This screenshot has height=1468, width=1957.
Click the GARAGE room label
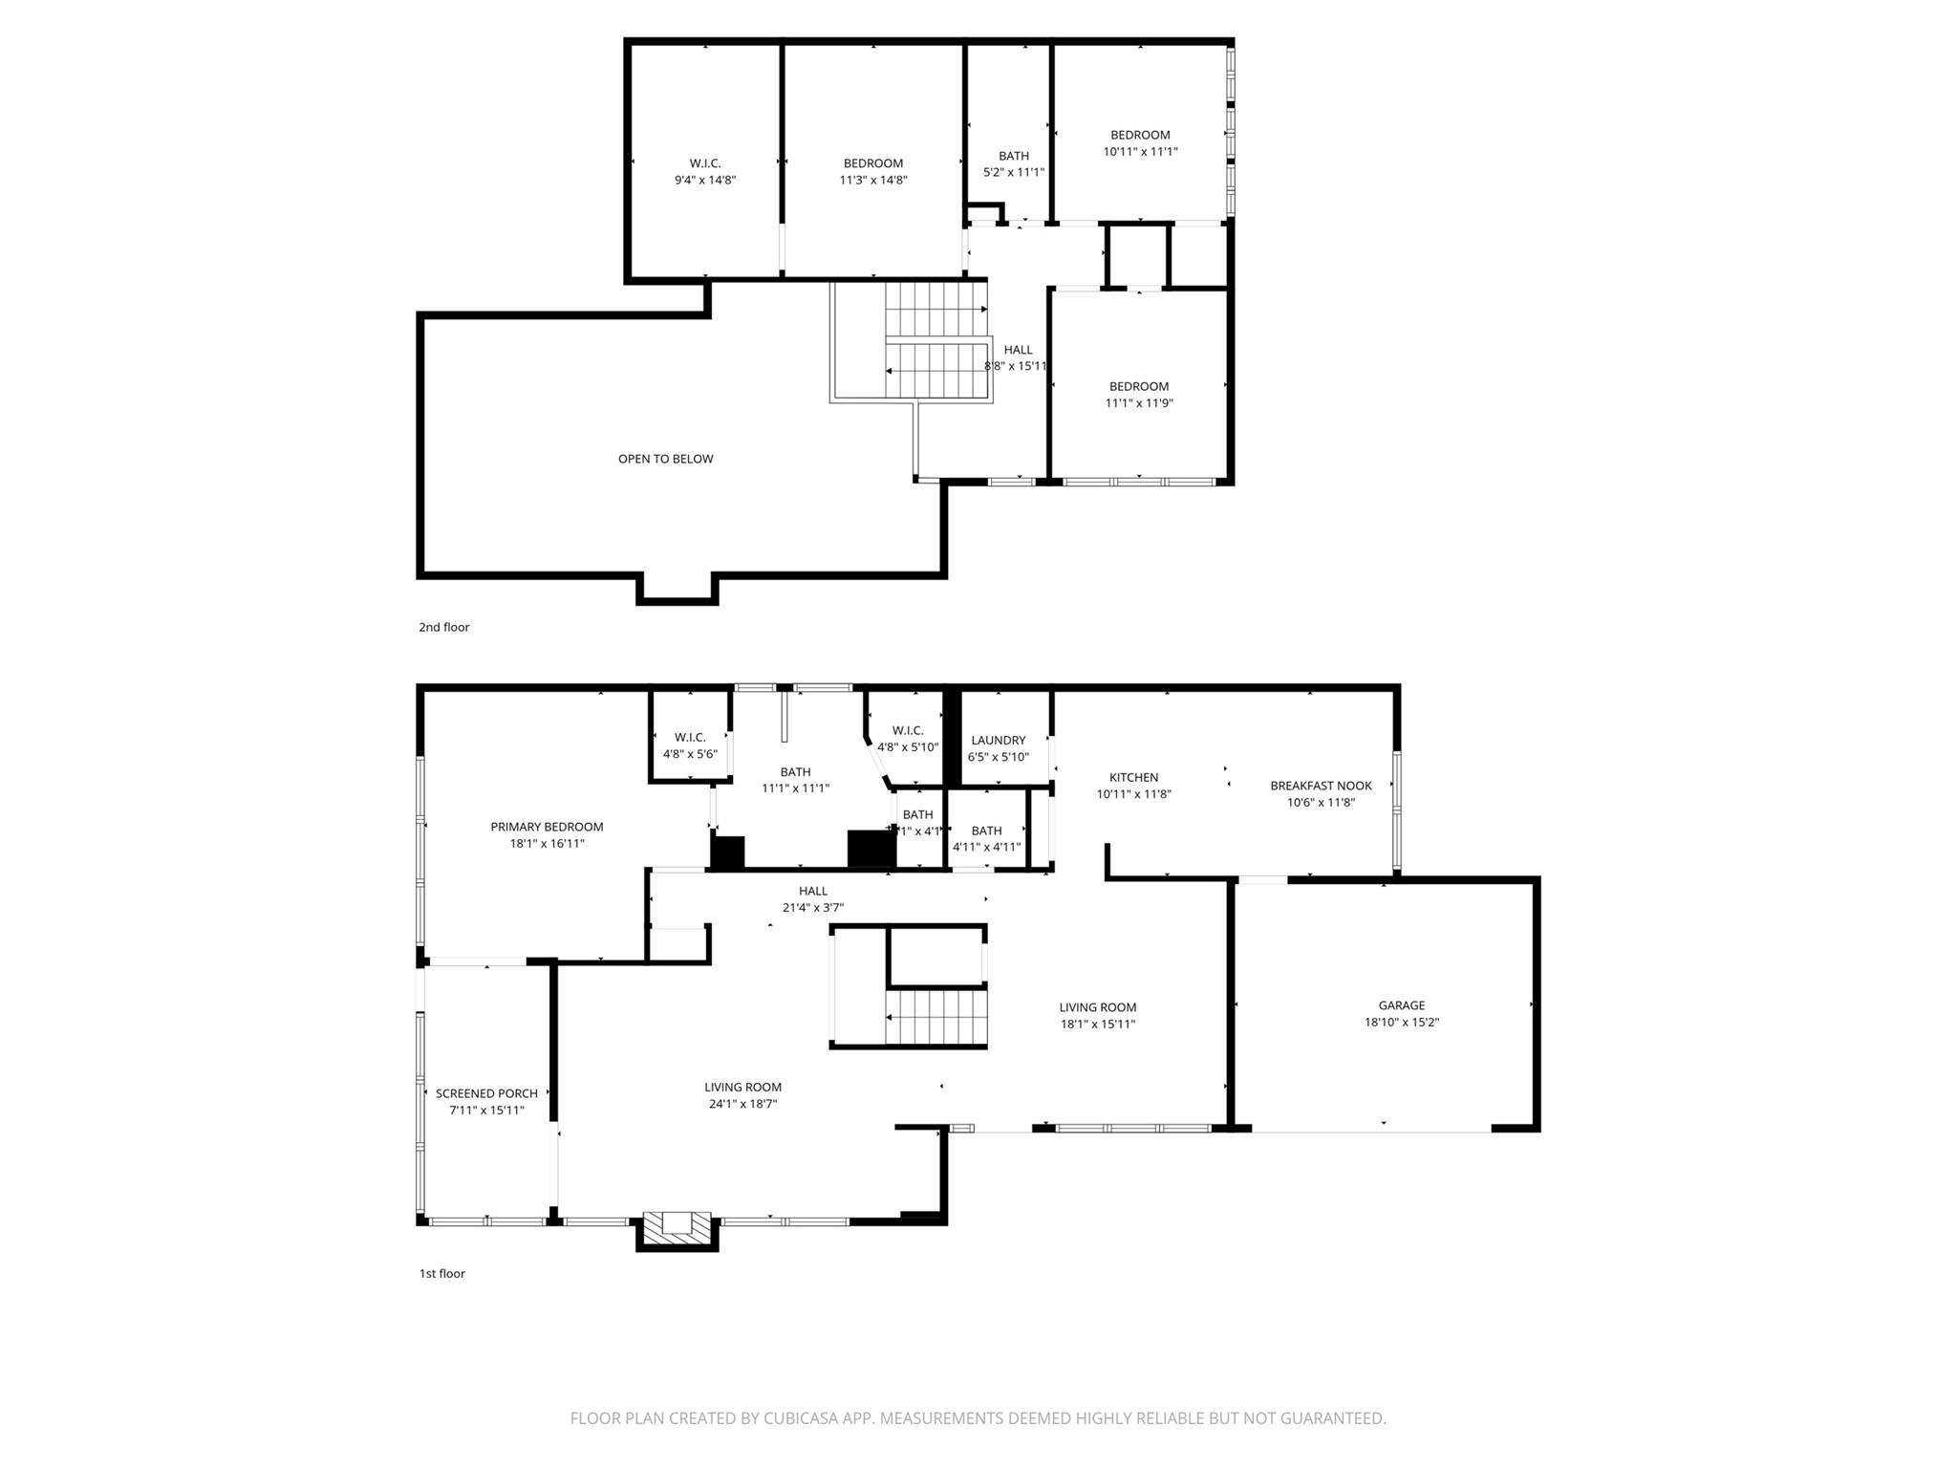click(x=1401, y=1005)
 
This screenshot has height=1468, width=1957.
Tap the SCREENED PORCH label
click(x=486, y=1093)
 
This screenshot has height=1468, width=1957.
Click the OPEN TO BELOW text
click(x=665, y=459)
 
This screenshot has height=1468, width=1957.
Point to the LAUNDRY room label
click(x=998, y=740)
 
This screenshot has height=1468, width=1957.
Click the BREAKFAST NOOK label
click(x=1321, y=786)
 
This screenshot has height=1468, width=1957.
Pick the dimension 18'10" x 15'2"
click(x=1401, y=1022)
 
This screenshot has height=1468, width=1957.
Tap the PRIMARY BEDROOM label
click(x=547, y=827)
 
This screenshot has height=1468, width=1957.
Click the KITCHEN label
click(x=1133, y=777)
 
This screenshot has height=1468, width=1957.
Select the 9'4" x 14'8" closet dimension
click(x=705, y=180)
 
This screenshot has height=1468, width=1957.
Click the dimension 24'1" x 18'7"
click(x=742, y=1104)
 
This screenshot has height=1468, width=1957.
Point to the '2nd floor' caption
click(x=444, y=627)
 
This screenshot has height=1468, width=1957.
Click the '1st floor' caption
click(x=442, y=1273)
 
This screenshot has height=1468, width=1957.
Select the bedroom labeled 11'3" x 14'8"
click(x=872, y=163)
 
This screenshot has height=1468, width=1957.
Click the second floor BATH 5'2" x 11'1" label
click(x=1013, y=156)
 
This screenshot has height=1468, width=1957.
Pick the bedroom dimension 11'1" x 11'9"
click(x=1139, y=403)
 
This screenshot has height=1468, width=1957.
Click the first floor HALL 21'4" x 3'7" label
click(x=813, y=891)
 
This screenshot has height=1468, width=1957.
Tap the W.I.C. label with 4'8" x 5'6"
click(x=690, y=737)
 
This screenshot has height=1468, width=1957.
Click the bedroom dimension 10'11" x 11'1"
click(x=1140, y=151)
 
